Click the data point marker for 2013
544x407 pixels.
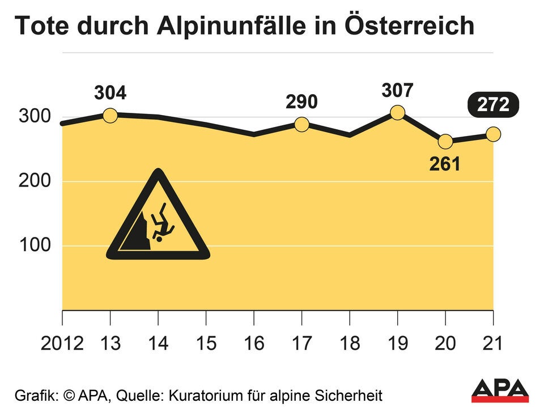[110, 115]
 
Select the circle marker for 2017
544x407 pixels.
[302, 124]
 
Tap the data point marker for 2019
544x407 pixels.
[398, 113]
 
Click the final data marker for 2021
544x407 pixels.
[493, 134]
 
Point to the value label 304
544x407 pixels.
[110, 92]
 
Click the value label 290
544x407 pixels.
[301, 102]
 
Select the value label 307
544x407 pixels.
[398, 90]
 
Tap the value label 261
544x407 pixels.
[445, 164]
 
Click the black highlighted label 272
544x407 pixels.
[492, 105]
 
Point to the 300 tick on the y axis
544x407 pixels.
[35, 117]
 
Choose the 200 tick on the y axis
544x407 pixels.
[35, 182]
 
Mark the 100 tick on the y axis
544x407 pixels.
[35, 246]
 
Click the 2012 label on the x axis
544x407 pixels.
[62, 343]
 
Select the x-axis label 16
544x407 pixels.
[254, 343]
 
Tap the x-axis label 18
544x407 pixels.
[350, 343]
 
